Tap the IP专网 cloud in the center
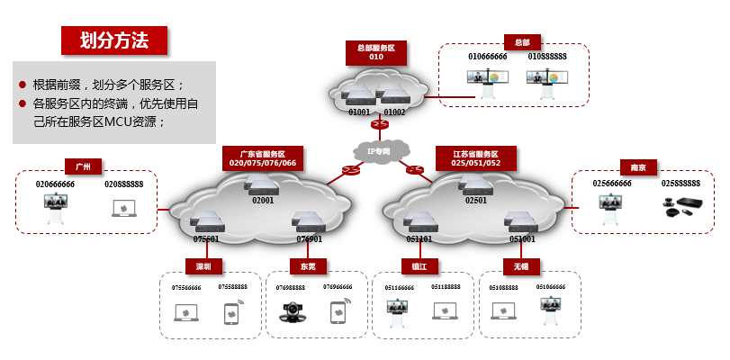pyautogui.click(x=379, y=151)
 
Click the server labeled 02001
pyautogui.click(x=263, y=186)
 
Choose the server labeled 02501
pyautogui.click(x=476, y=186)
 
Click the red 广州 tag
pyautogui.click(x=84, y=166)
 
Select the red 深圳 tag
pyautogui.click(x=204, y=266)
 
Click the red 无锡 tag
pyautogui.click(x=521, y=266)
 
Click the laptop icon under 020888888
pyautogui.click(x=123, y=208)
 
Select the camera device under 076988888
pyautogui.click(x=293, y=312)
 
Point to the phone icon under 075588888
pyautogui.click(x=231, y=312)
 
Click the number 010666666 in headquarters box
pyautogui.click(x=487, y=56)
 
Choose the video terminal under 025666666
pyautogui.click(x=612, y=210)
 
